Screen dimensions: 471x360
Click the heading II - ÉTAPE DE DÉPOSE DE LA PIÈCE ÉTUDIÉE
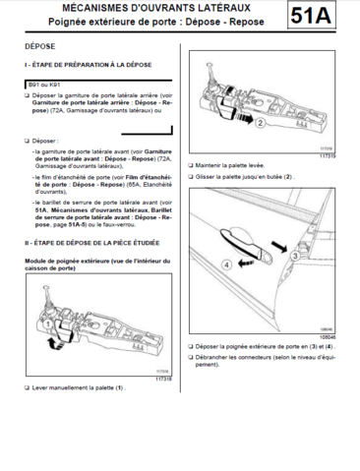pos(97,241)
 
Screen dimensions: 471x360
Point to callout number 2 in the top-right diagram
pos(287,126)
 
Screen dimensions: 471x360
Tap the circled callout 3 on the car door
pos(293,255)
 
